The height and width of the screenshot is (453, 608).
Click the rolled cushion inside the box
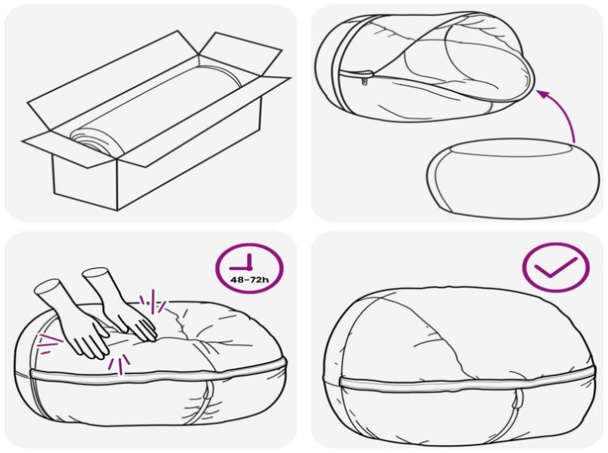click(x=155, y=112)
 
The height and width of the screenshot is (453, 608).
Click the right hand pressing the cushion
click(x=124, y=306)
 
